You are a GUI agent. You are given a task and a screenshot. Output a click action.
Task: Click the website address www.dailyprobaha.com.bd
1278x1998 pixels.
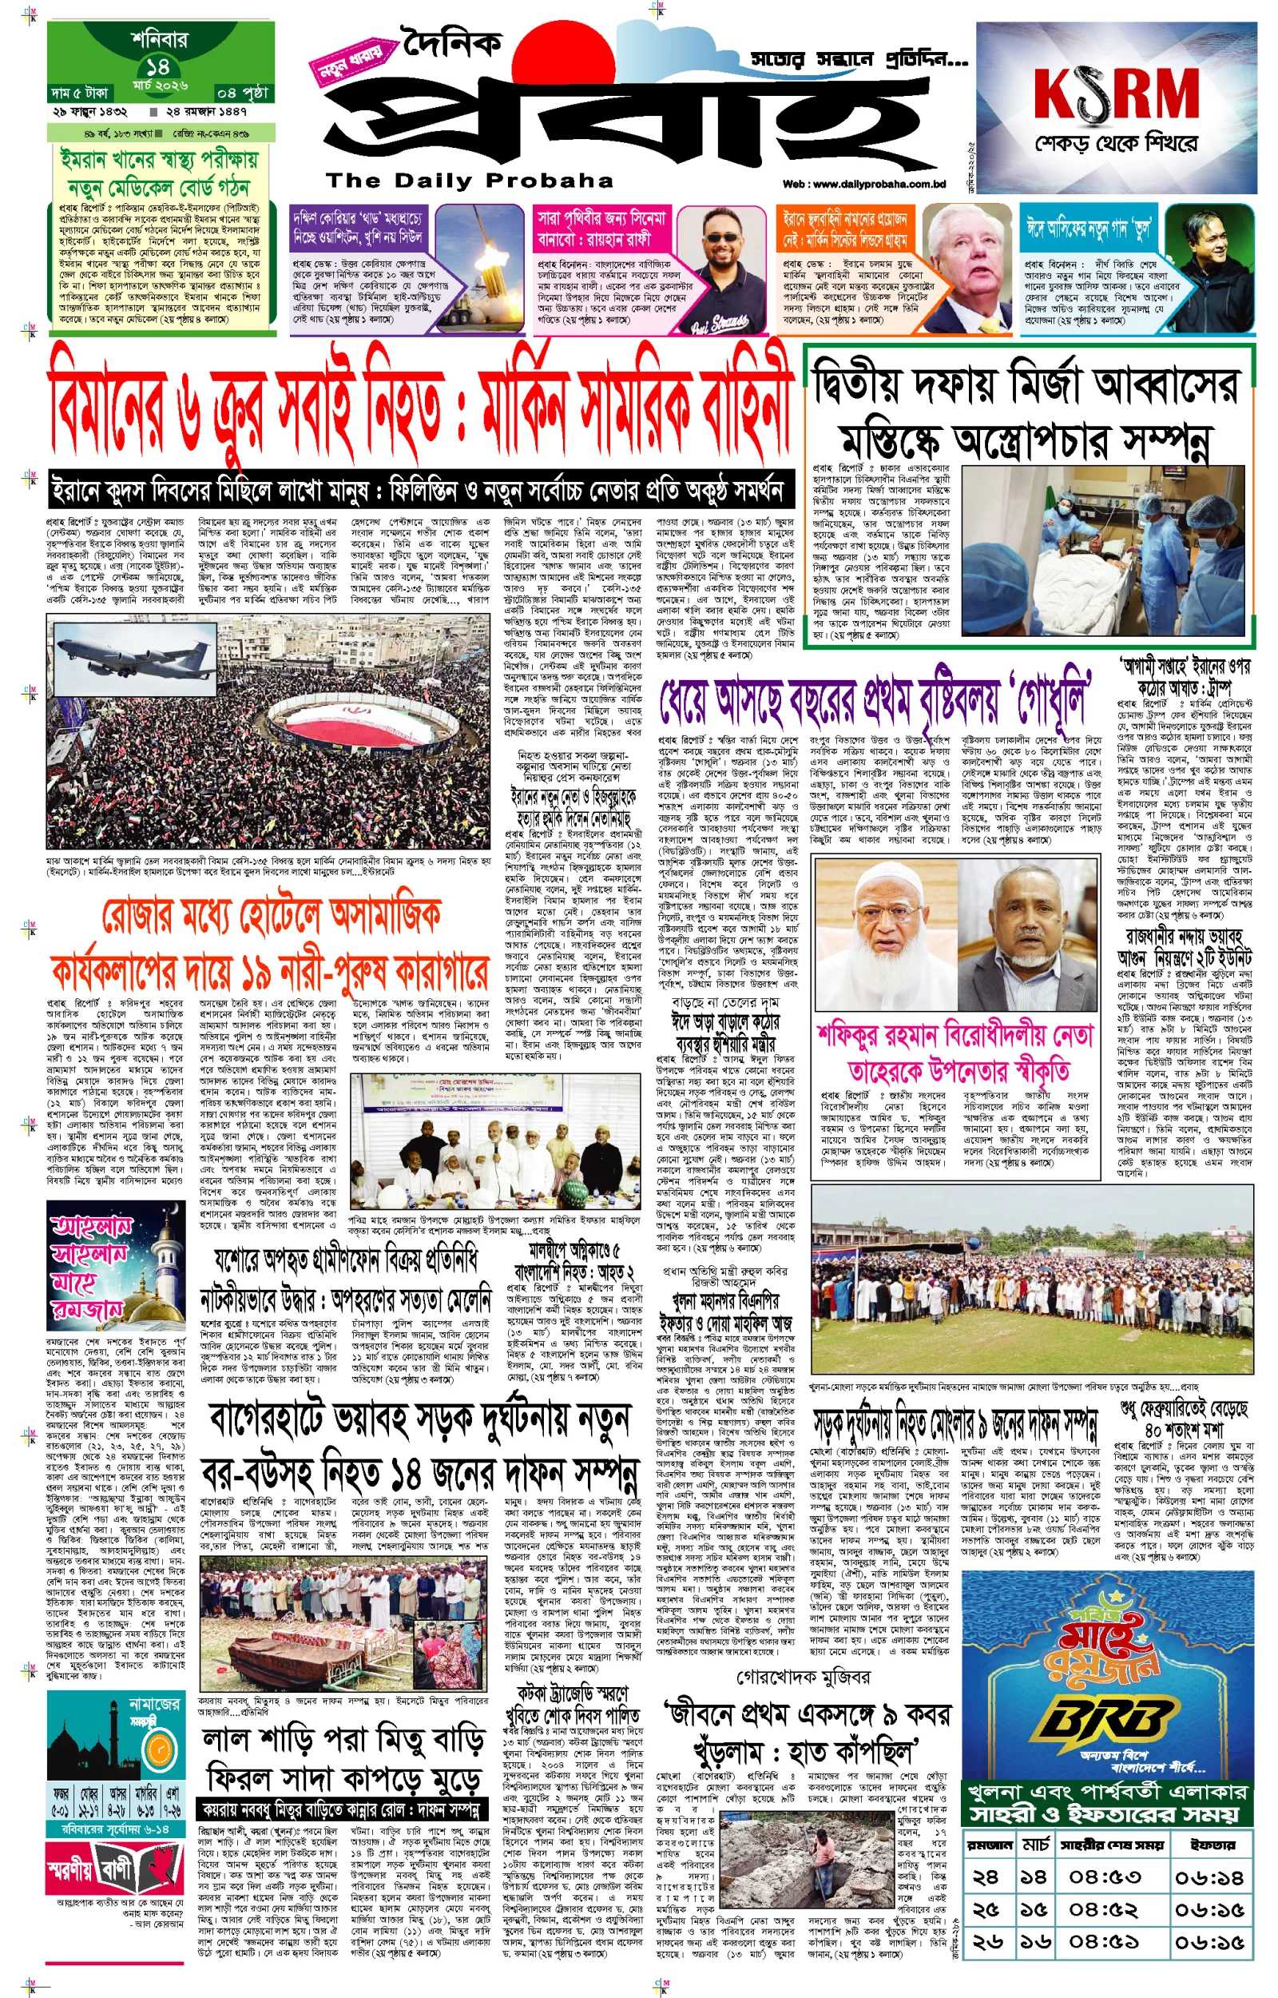pyautogui.click(x=864, y=185)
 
